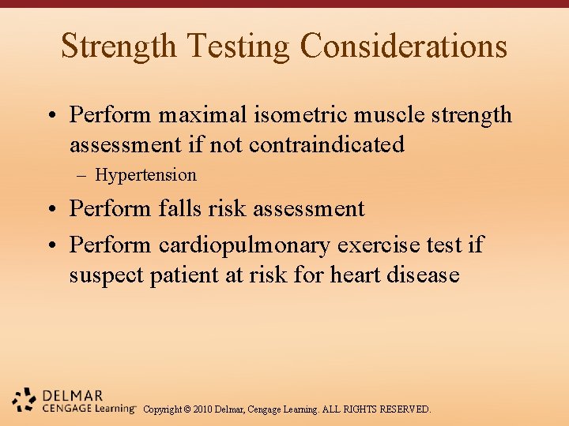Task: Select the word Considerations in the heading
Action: point(404,46)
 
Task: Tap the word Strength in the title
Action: point(119,46)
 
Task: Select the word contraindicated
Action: point(326,145)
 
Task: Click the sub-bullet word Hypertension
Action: point(145,175)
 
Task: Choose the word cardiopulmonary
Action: point(244,245)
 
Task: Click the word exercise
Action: point(376,245)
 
